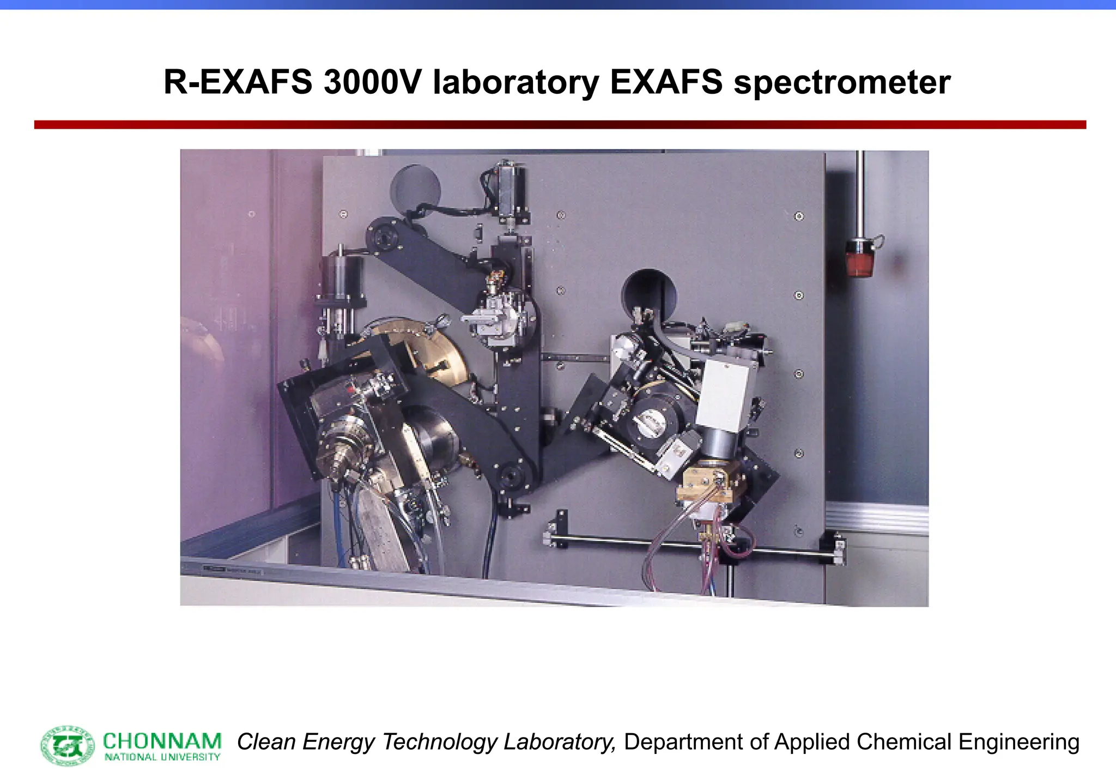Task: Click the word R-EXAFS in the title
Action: (x=238, y=83)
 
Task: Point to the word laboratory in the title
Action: (x=515, y=83)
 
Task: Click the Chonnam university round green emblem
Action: (x=68, y=745)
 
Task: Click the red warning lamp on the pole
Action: (x=860, y=259)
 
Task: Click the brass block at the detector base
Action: (x=707, y=484)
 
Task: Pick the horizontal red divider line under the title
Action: (x=560, y=125)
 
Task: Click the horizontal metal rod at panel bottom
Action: (x=692, y=546)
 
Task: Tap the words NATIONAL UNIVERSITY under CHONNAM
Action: (x=162, y=757)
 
